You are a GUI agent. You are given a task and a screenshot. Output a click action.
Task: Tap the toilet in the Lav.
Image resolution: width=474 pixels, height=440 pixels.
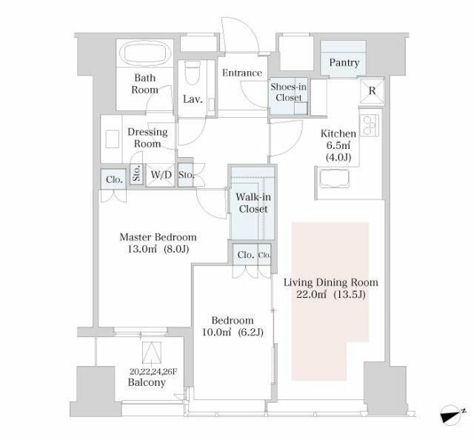pyautogui.click(x=193, y=73)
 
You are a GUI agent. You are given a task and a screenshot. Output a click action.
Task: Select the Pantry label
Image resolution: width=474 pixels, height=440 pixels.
pyautogui.click(x=344, y=63)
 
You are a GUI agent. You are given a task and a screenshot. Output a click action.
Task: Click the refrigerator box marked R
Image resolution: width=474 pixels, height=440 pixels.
pyautogui.click(x=372, y=90)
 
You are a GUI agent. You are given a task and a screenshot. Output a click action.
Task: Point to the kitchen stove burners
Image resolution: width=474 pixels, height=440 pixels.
pyautogui.click(x=369, y=125)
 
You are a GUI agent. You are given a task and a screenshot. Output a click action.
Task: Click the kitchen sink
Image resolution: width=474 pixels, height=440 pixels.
pyautogui.click(x=335, y=178)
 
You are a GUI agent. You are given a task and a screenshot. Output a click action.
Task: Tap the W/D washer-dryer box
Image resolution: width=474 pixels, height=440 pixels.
pyautogui.click(x=160, y=175)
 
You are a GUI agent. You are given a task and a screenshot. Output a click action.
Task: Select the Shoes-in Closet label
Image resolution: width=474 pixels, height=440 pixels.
pyautogui.click(x=288, y=93)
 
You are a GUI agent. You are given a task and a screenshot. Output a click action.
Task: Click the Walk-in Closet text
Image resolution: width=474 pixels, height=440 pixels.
pyautogui.click(x=253, y=203)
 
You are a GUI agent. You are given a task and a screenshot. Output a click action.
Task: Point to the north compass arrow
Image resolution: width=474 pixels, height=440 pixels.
pyautogui.click(x=453, y=414)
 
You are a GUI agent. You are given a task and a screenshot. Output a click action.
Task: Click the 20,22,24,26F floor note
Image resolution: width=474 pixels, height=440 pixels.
pyautogui.click(x=153, y=372)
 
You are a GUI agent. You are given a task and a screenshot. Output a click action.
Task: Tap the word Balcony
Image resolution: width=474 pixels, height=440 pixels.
pyautogui.click(x=147, y=382)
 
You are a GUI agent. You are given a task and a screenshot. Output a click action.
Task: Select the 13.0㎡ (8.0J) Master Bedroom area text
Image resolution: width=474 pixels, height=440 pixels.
pyautogui.click(x=158, y=249)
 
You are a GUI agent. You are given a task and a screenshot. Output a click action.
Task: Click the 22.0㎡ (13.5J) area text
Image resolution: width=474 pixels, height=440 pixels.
pyautogui.click(x=331, y=295)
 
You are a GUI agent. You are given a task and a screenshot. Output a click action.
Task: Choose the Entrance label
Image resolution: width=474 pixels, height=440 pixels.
pyautogui.click(x=242, y=73)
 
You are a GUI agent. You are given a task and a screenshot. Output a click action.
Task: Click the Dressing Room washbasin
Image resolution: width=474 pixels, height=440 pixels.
pyautogui.click(x=113, y=139)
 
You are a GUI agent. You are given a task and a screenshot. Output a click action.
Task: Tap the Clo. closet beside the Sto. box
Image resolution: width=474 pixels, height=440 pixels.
pyautogui.click(x=114, y=179)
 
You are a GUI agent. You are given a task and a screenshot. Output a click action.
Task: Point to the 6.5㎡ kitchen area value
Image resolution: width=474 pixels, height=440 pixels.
pyautogui.click(x=338, y=145)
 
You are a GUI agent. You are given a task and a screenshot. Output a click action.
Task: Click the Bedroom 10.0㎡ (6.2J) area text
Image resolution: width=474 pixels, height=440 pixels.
pyautogui.click(x=233, y=333)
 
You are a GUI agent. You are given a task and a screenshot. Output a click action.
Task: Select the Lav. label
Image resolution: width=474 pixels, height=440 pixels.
pyautogui.click(x=193, y=99)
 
